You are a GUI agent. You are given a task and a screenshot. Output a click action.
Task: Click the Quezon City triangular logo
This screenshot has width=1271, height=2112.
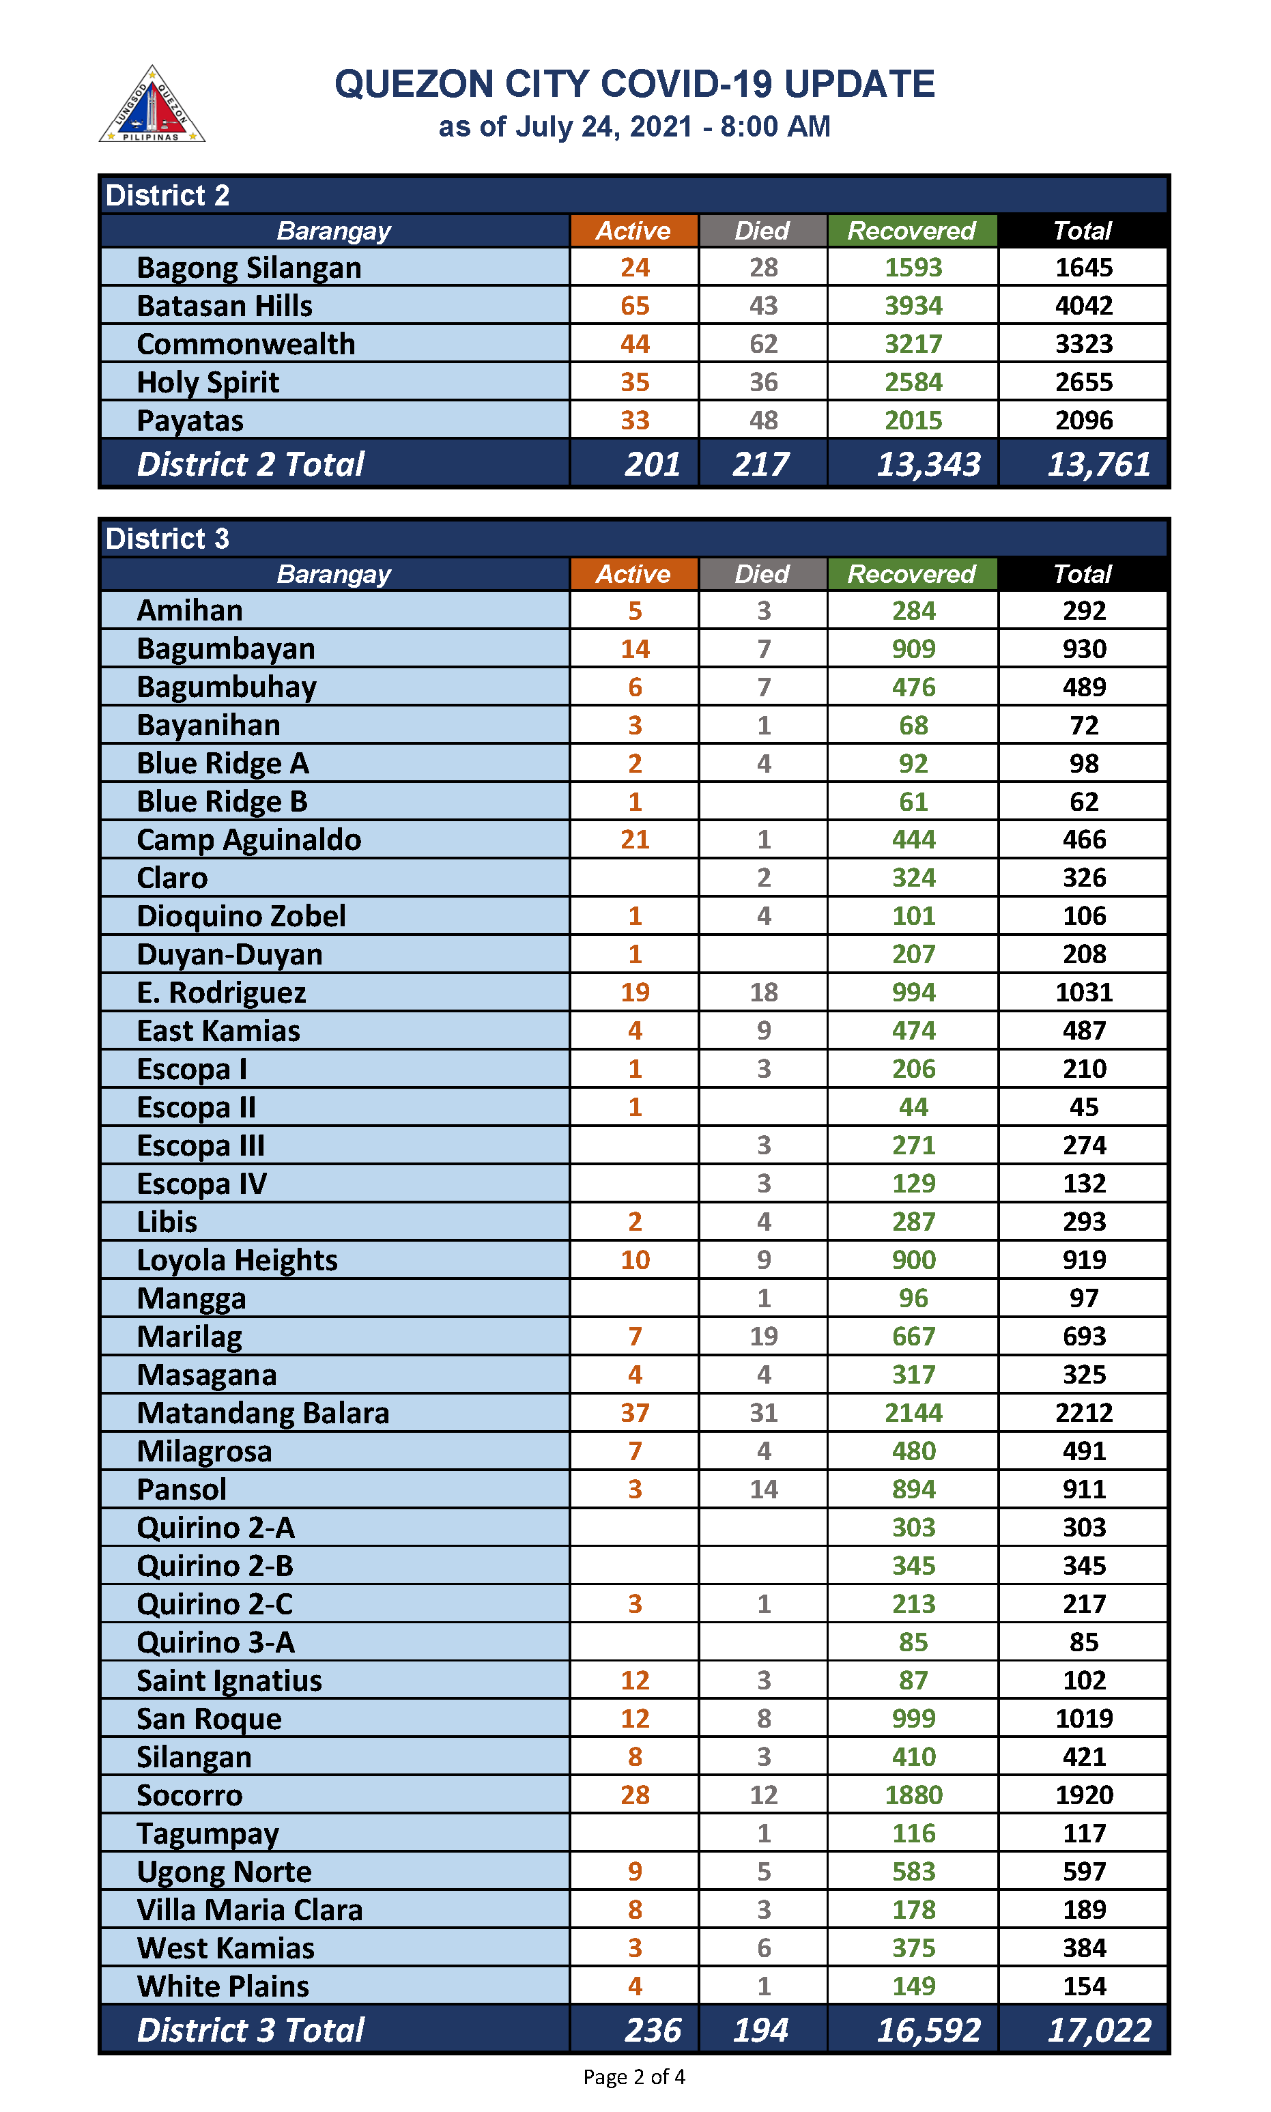152,105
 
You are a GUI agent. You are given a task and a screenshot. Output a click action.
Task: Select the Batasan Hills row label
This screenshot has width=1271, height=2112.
225,306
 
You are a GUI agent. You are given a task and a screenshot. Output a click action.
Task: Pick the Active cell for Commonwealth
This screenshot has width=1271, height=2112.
635,344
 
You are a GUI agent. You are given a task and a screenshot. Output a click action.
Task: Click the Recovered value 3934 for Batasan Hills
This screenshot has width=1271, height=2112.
913,306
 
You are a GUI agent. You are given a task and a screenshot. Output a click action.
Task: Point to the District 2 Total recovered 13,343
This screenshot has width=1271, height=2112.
928,464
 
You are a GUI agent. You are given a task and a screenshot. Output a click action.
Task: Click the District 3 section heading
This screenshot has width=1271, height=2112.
168,539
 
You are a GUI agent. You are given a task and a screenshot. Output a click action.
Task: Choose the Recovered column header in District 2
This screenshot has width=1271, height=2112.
911,231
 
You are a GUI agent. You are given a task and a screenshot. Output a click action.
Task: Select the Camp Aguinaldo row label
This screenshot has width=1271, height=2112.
248,840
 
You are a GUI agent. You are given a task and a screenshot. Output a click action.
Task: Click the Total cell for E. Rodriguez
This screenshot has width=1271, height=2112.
1083,993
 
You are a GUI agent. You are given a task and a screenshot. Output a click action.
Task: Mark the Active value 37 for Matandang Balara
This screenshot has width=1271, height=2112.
635,1413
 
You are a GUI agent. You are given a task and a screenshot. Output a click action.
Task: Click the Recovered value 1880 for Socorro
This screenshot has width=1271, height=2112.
913,1795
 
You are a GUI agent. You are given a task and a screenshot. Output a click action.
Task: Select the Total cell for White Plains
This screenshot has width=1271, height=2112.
1083,1986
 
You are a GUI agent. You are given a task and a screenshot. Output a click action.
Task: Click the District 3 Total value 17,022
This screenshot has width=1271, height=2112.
1099,2031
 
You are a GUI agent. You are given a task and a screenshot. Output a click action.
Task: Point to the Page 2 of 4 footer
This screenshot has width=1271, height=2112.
633,2077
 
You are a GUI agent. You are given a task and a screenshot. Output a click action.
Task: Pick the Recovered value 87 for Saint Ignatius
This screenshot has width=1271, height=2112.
913,1681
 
